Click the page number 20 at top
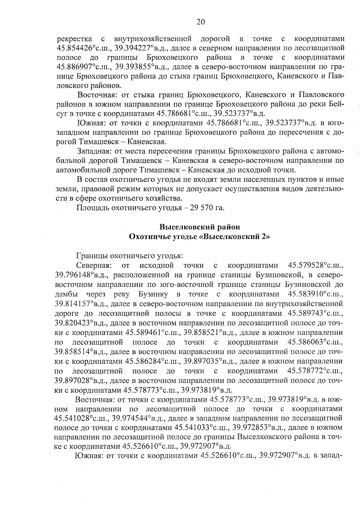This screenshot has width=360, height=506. (x=201, y=21)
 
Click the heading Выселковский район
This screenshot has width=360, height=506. (x=199, y=227)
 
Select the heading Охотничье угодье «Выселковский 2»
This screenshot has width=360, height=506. (x=199, y=236)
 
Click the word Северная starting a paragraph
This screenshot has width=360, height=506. (x=94, y=265)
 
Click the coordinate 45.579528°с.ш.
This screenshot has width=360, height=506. (x=315, y=265)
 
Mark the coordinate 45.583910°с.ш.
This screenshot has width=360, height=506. (x=315, y=294)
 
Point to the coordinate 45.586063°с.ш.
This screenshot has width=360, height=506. (x=315, y=342)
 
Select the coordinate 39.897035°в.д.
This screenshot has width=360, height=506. (x=209, y=361)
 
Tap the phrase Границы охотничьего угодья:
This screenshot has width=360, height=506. (x=130, y=256)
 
